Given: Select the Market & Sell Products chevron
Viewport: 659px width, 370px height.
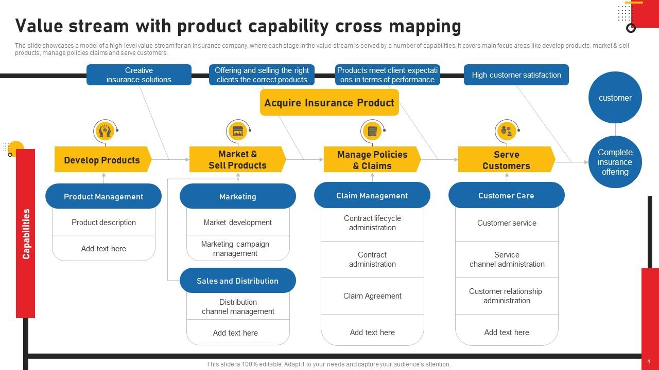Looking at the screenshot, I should pos(237,160).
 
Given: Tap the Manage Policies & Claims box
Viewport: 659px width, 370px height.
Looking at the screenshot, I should pos(372,160).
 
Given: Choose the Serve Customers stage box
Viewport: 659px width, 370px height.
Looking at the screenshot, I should pos(506,160).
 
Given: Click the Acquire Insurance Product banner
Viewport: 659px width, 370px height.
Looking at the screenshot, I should pos(329,103).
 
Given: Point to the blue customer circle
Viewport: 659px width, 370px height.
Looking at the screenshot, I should pos(615,98).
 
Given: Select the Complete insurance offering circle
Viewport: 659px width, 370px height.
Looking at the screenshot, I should pos(615,162).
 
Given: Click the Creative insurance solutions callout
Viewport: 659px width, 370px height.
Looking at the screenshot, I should pos(138,75).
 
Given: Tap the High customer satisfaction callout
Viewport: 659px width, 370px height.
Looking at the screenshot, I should pos(516,75).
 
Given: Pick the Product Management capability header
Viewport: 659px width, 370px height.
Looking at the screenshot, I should pos(103,196).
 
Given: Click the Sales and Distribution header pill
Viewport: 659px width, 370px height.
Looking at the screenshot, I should pos(237,281).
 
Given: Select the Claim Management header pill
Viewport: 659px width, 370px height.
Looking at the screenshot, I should pos(372,195).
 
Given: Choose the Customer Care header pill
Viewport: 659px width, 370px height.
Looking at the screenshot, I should pos(506,195).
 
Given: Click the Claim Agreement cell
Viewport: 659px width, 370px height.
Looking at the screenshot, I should pos(372,296).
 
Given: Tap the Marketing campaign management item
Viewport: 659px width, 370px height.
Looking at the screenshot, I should pos(235,249).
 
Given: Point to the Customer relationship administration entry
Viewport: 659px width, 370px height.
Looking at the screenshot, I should pos(506,296).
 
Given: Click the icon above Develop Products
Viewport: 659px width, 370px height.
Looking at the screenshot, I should pos(105,132).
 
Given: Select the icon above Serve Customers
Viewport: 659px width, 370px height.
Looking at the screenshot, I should pos(506,132).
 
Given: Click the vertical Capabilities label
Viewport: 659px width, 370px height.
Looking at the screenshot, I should pos(26,234).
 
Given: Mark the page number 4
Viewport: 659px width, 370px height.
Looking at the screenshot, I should pos(649,362).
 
